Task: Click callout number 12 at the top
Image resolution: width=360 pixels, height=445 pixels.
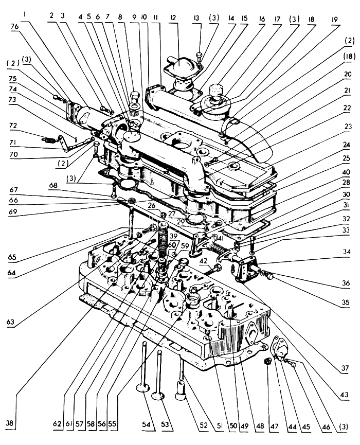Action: click(x=173, y=18)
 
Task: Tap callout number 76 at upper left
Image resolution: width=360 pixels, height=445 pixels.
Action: click(x=14, y=26)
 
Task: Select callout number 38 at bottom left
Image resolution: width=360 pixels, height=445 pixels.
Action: click(x=10, y=423)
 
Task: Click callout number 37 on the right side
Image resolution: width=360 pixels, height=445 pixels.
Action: click(x=345, y=368)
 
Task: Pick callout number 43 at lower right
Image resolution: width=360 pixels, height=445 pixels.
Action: click(x=345, y=395)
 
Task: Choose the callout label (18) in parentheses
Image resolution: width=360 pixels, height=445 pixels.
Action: click(x=349, y=57)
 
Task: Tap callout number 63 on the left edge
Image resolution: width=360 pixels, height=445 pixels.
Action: click(x=10, y=322)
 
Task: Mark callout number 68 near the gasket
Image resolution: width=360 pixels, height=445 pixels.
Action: click(x=53, y=185)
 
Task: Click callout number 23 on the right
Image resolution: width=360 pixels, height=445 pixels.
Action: click(x=348, y=127)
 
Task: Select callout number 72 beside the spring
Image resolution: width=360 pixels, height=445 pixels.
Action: click(x=13, y=126)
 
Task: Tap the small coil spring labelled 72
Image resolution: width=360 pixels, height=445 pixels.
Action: click(x=48, y=139)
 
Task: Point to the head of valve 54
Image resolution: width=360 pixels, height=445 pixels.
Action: click(x=143, y=388)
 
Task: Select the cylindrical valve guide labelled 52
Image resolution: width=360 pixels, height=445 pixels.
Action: click(x=181, y=390)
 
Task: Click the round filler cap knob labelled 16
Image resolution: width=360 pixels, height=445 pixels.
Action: click(x=216, y=88)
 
